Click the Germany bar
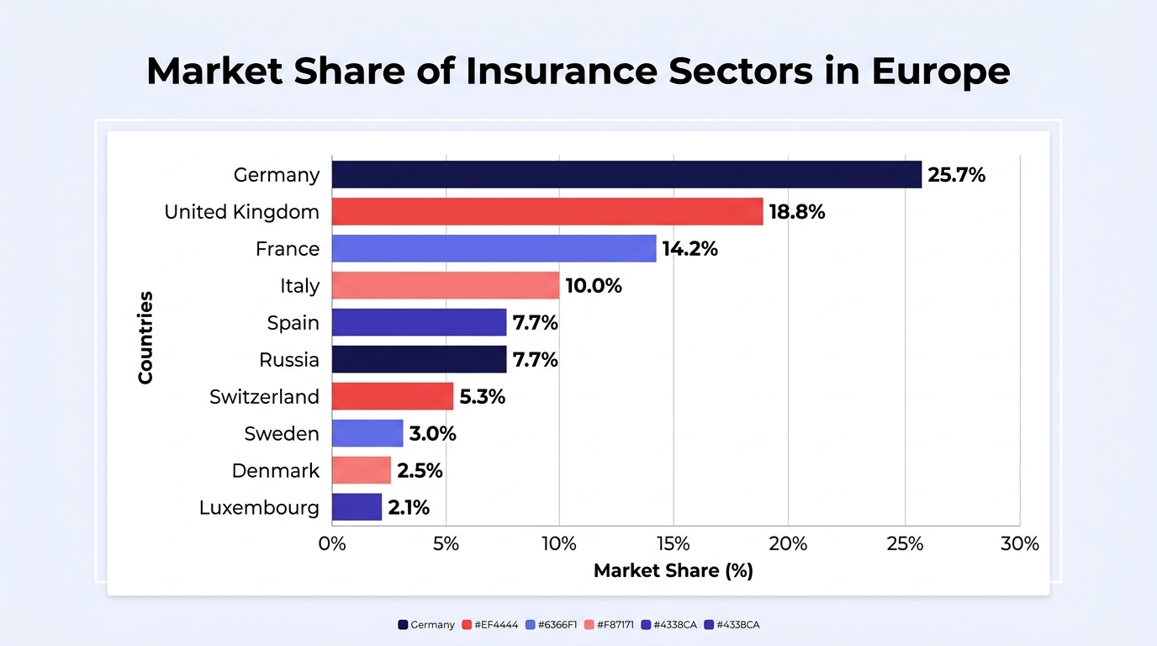tap(626, 175)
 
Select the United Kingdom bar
tap(547, 211)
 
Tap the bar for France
tap(494, 249)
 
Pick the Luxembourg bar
tap(357, 507)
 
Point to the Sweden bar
tap(367, 433)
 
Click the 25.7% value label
tap(957, 175)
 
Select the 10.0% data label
tap(594, 286)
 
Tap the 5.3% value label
tap(483, 396)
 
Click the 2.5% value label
tap(420, 470)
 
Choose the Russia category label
tap(289, 360)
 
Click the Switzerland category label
tap(265, 396)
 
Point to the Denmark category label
tap(276, 470)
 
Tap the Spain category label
tap(293, 323)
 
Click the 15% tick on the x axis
tap(673, 543)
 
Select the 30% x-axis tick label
tap(1020, 543)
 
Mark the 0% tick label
tap(332, 543)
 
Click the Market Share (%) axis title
tap(673, 570)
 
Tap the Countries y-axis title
tap(145, 337)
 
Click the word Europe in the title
tap(941, 71)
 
